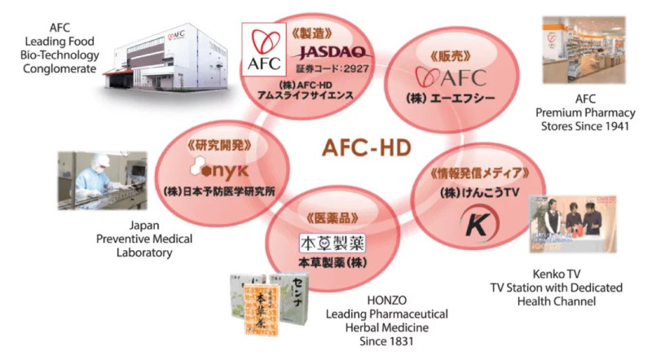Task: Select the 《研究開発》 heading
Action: pos(217,144)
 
